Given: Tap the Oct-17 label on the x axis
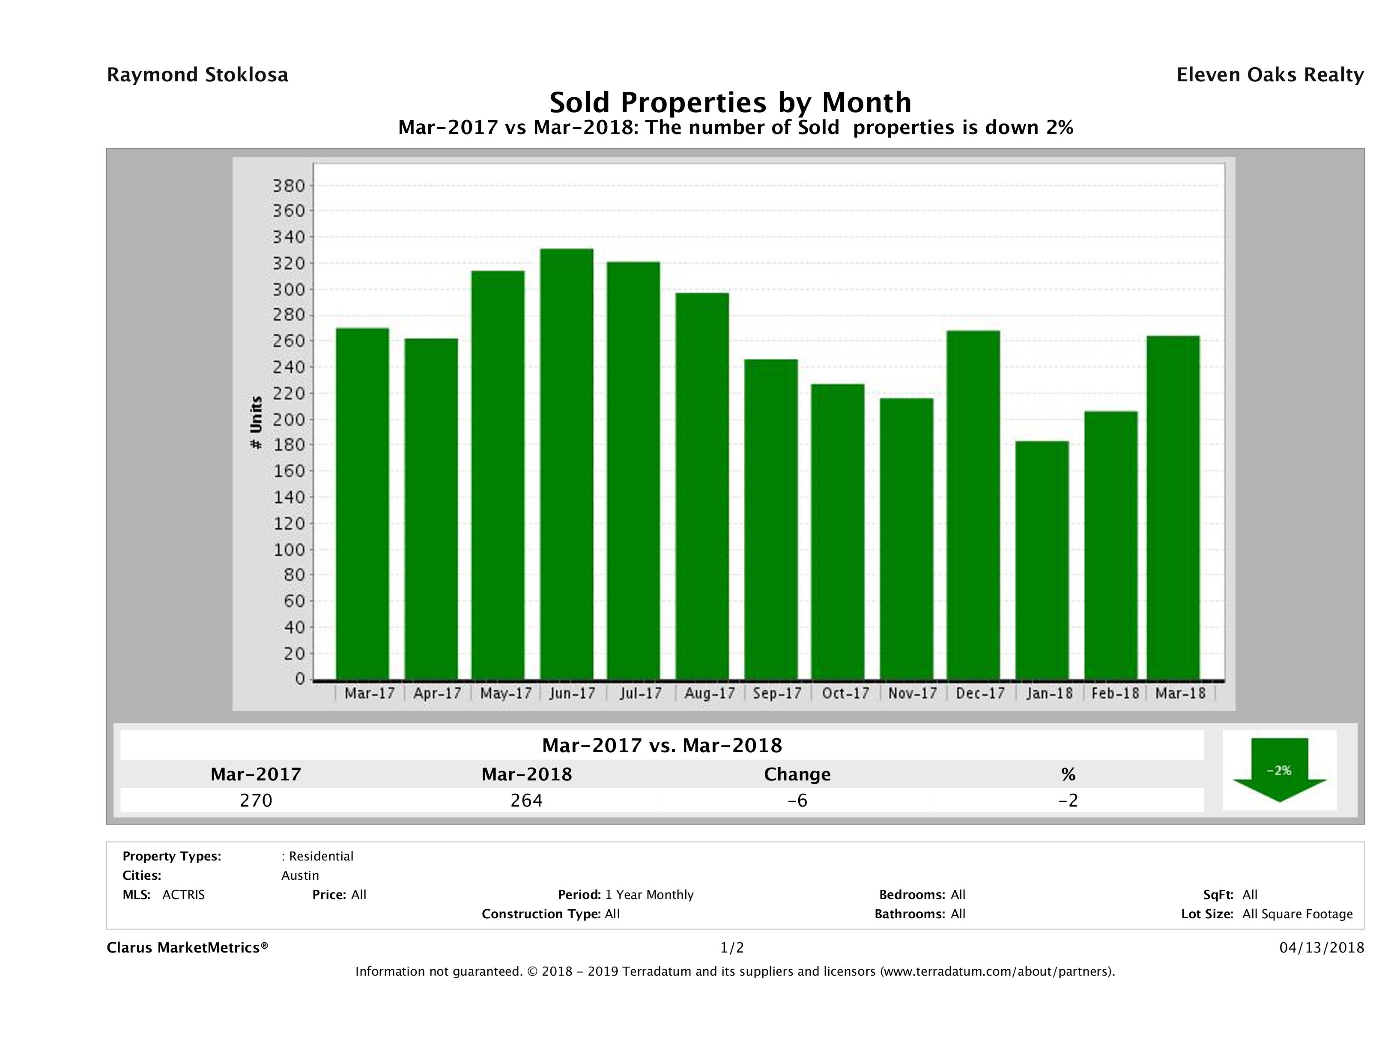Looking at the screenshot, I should (845, 693).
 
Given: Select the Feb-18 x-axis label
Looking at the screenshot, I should (1115, 693).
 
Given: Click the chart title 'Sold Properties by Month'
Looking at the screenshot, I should (730, 102).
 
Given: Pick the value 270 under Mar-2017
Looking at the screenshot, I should (256, 800).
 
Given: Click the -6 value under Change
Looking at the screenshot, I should (797, 800).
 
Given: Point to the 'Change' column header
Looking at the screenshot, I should (797, 774).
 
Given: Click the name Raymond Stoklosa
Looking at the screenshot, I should (197, 75).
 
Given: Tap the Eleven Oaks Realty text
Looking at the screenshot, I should (1269, 75).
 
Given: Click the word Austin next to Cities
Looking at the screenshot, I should (300, 875).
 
